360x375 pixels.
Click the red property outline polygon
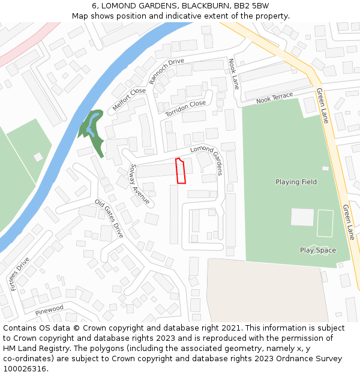coord(181,171)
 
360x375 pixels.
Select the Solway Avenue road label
coord(140,184)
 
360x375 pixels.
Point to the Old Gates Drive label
coord(109,218)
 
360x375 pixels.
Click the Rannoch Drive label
coord(167,71)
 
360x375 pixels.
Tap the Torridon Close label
coord(185,108)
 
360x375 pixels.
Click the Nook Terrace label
coord(274,98)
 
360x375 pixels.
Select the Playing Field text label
coord(296,182)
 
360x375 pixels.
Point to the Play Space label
coord(318,250)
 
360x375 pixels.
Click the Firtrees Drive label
coord(20,274)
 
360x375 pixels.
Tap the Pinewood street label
coord(49,310)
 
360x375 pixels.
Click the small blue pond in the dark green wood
coord(90,126)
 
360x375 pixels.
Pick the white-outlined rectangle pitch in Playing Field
coord(325,223)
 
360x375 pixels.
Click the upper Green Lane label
coord(322,106)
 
